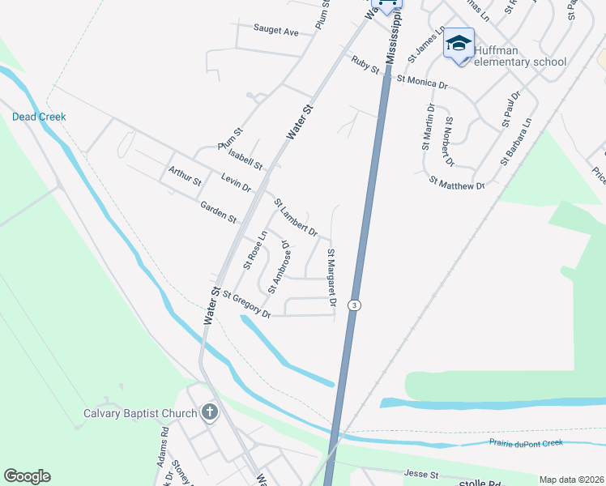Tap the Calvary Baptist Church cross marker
210,412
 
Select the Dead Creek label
39,117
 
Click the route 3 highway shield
354,305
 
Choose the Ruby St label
365,64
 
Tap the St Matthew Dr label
456,182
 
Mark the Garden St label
220,213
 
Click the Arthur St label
184,176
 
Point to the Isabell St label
245,159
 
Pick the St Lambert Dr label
295,217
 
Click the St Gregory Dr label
246,304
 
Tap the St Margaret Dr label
331,278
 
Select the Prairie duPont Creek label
525,443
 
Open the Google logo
27,476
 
